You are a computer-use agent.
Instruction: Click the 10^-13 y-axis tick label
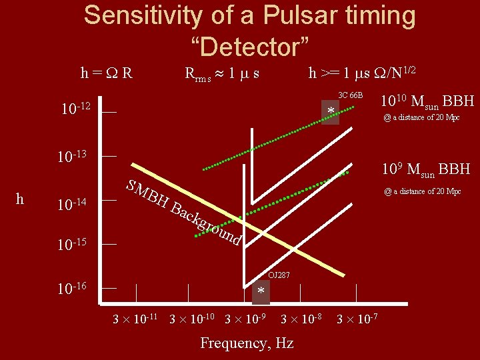75,157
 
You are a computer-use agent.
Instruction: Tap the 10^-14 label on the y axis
75,203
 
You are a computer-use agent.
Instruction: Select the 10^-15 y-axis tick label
75,245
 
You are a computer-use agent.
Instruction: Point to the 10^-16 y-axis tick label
75,289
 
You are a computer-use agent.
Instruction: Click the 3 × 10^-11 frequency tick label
135,317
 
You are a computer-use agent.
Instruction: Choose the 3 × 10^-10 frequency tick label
192,317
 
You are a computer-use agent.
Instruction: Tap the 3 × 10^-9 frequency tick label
245,317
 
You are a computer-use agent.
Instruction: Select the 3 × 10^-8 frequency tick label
301,317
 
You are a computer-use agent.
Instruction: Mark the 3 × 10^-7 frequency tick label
357,317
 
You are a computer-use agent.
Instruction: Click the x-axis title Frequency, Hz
247,343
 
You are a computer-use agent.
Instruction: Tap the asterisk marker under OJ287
261,293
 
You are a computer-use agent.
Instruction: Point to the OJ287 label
278,275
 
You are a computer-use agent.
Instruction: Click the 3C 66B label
350,95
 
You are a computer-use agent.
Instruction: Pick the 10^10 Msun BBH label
427,101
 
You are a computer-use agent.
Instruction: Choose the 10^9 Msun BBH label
426,169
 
